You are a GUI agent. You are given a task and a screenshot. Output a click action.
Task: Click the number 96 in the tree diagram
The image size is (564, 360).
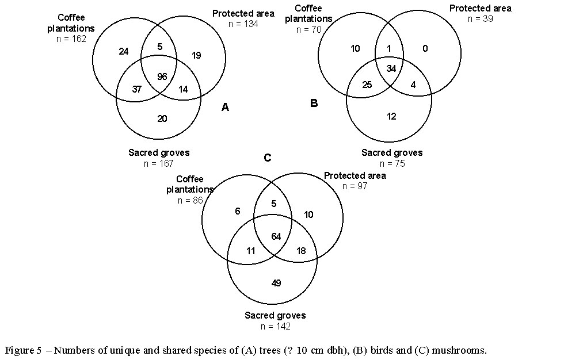pyautogui.click(x=162, y=76)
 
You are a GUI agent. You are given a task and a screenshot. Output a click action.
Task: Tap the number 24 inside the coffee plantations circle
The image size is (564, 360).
pyautogui.click(x=124, y=52)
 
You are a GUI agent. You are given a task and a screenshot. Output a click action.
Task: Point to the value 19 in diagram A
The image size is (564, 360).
pyautogui.click(x=196, y=56)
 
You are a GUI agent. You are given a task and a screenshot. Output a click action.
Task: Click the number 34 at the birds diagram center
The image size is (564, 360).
pyautogui.click(x=391, y=69)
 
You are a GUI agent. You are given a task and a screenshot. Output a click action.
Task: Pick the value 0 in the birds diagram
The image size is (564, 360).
pyautogui.click(x=425, y=49)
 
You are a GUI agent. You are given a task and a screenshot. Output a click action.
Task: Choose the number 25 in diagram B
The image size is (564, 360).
pyautogui.click(x=367, y=85)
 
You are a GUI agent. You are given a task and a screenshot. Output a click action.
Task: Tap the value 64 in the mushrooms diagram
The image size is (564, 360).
pyautogui.click(x=276, y=236)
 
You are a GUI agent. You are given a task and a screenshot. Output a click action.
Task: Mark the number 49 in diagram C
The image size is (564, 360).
pyautogui.click(x=276, y=283)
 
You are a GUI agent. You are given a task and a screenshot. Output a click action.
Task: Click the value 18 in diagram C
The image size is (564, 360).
pyautogui.click(x=300, y=251)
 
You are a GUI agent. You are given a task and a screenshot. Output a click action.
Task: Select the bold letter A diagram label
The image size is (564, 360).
pyautogui.click(x=225, y=107)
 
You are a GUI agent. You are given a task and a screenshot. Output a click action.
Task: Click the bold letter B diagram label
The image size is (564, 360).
pyautogui.click(x=314, y=104)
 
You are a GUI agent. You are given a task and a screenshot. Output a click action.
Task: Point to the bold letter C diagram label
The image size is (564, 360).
pyautogui.click(x=267, y=158)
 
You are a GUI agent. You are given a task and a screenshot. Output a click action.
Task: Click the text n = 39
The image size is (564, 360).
pyautogui.click(x=480, y=18)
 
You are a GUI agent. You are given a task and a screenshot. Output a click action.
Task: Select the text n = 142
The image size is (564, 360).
pyautogui.click(x=275, y=326)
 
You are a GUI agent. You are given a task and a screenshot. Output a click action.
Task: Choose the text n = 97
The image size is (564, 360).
pyautogui.click(x=355, y=186)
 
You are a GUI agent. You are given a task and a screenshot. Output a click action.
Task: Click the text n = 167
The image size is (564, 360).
pyautogui.click(x=158, y=163)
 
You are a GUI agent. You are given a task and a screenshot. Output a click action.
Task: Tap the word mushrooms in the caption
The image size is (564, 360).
pyautogui.click(x=455, y=350)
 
